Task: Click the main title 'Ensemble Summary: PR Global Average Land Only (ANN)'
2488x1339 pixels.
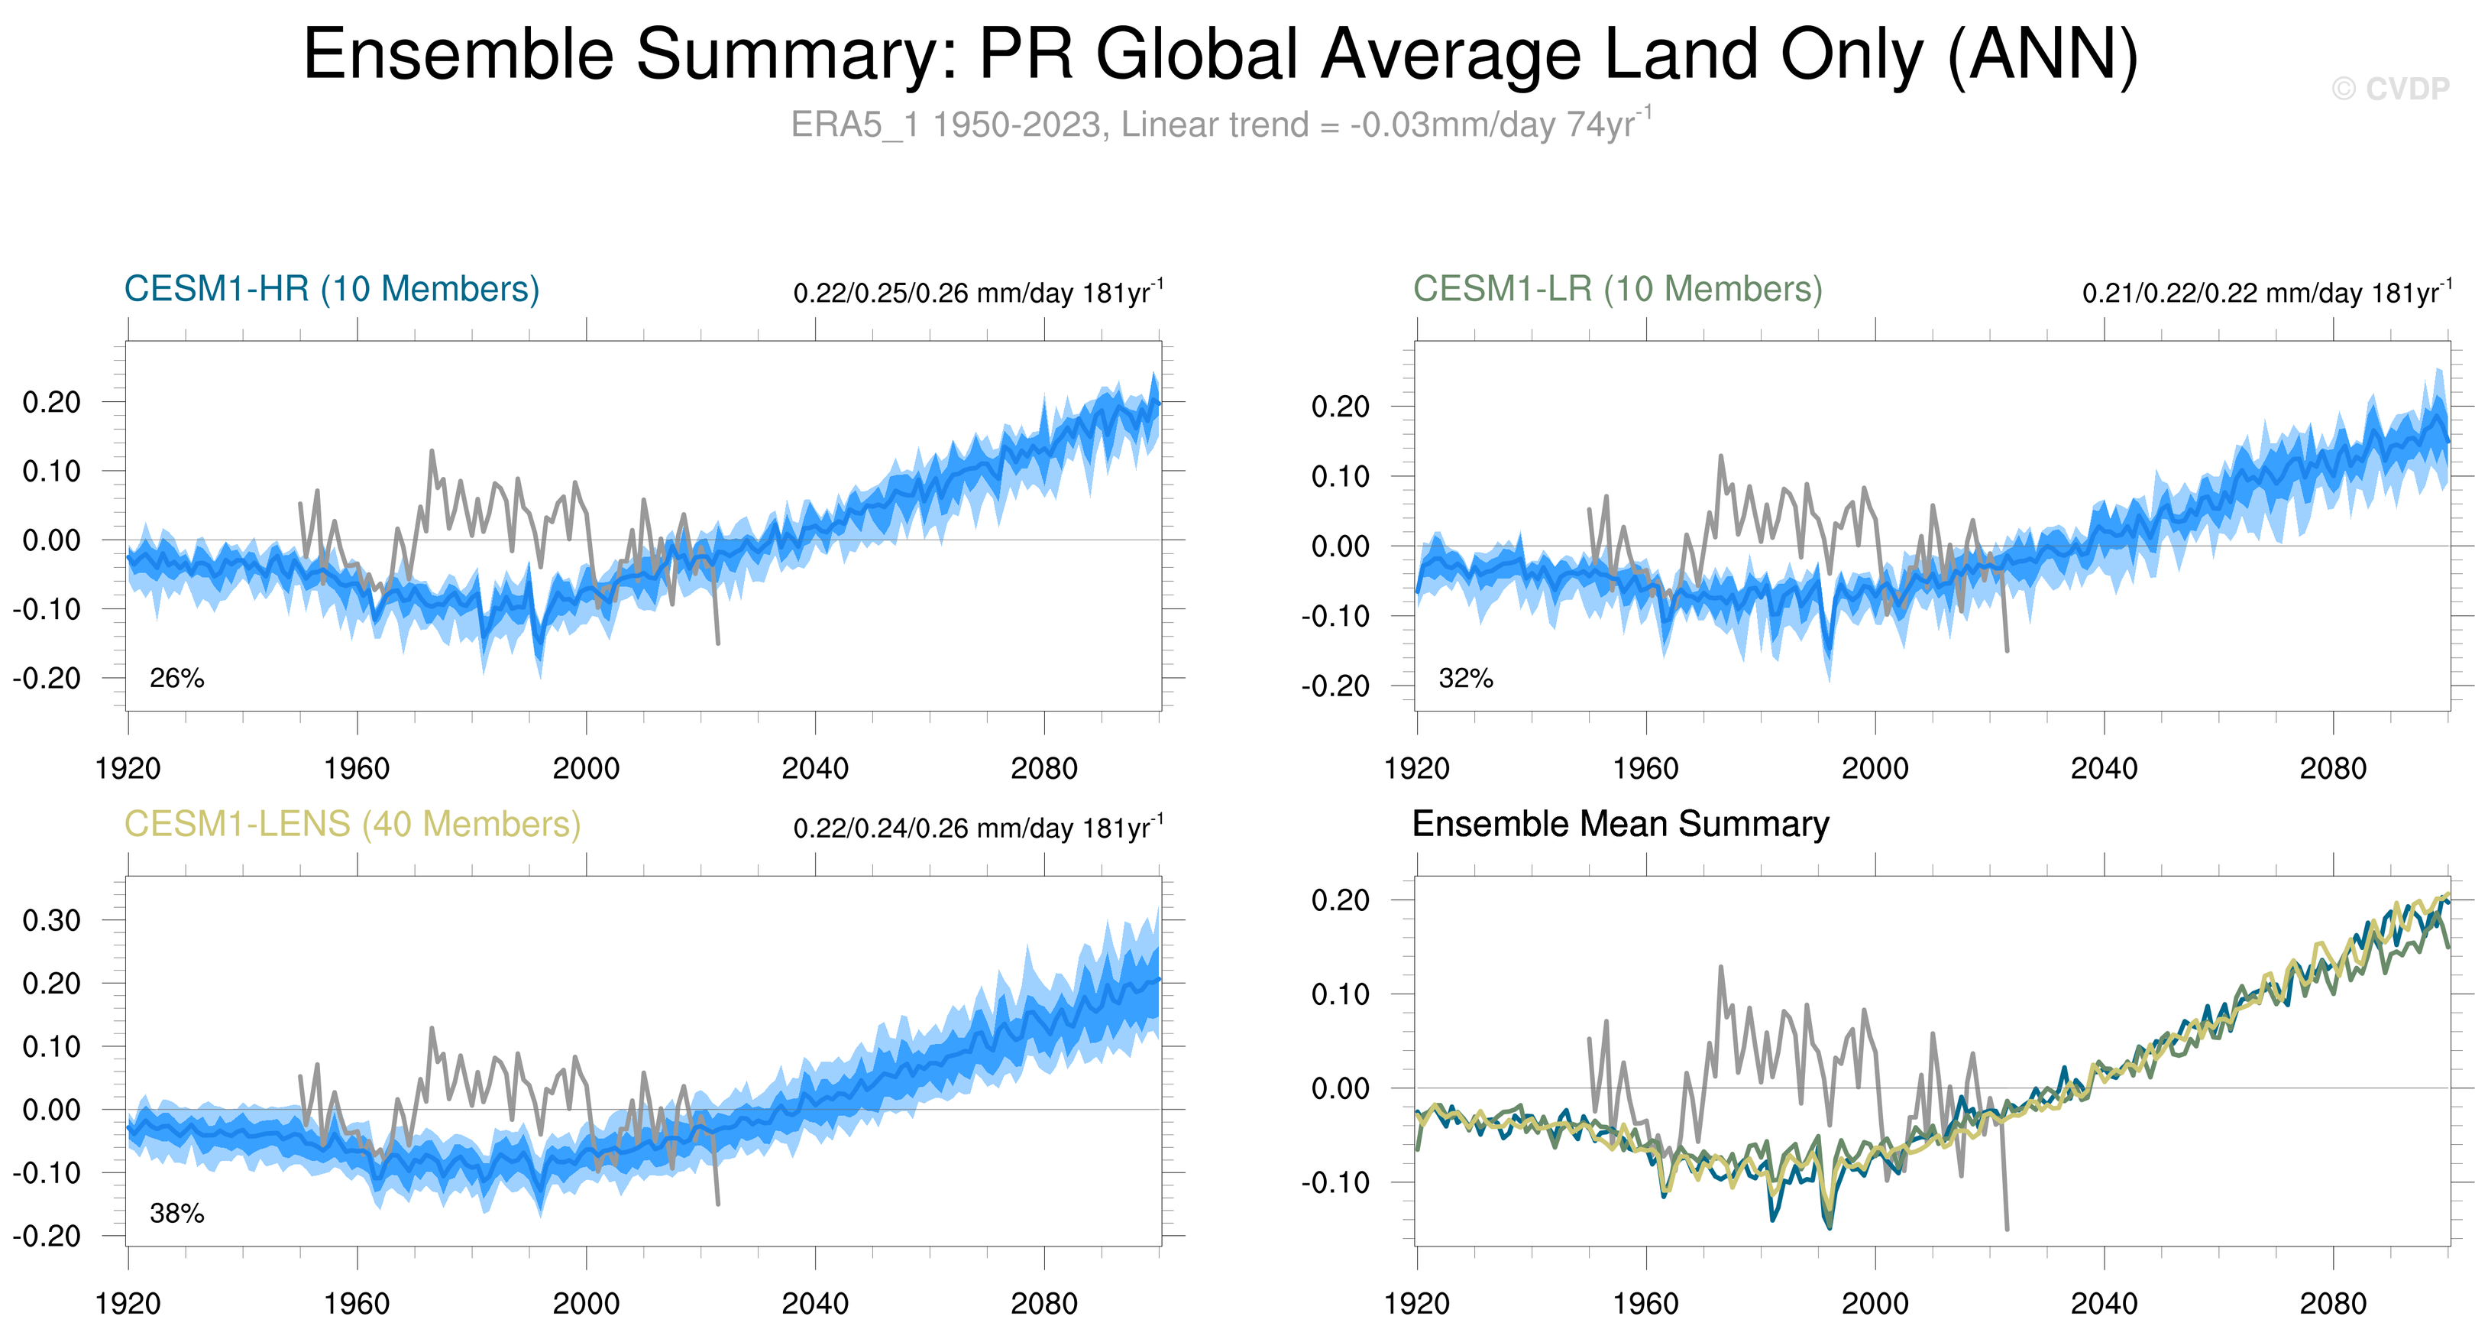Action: point(1220,54)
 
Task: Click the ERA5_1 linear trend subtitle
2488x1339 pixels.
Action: point(1220,125)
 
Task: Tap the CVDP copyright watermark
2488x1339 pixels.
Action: point(2389,89)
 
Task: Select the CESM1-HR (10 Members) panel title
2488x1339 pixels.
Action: point(332,289)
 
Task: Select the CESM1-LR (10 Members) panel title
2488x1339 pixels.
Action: point(1617,289)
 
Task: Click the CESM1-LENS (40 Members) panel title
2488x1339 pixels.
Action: point(352,824)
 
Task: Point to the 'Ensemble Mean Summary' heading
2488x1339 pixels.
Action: point(1619,824)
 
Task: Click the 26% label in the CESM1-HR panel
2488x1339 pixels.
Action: point(176,678)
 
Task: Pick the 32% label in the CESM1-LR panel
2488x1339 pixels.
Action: point(1465,678)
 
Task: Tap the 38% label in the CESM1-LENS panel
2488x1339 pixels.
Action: point(176,1214)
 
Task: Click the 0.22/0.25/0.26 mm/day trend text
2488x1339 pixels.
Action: point(978,293)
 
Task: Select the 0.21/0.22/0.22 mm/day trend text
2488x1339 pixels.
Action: point(2266,293)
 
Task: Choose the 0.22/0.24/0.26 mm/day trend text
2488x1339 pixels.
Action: point(978,828)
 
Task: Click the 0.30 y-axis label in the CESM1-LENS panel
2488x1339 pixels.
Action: point(51,919)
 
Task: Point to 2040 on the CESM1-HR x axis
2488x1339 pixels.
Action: point(814,769)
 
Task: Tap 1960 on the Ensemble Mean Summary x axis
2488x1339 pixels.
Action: point(1645,1304)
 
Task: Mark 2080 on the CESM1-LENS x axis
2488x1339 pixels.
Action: point(1043,1304)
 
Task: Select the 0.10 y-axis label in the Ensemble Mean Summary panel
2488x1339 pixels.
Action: point(1340,994)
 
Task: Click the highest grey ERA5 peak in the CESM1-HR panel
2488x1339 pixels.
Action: point(431,450)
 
